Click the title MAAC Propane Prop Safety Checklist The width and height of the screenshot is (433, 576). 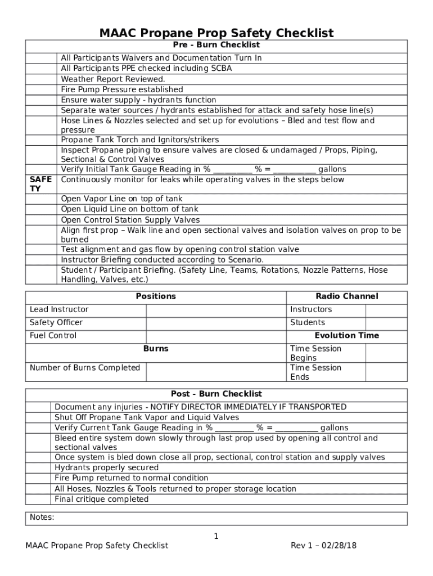[216, 33]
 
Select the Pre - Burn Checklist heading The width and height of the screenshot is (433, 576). [216, 45]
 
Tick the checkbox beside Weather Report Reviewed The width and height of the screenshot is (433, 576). [41, 79]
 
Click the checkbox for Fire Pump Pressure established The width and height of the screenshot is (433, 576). [41, 89]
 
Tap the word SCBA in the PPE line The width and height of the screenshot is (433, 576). [221, 69]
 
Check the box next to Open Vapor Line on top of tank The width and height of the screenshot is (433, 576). [41, 199]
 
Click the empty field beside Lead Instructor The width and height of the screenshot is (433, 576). [216, 309]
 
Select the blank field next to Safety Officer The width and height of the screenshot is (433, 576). [216, 322]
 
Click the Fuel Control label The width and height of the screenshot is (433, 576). [53, 336]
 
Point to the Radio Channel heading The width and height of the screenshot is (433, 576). [346, 296]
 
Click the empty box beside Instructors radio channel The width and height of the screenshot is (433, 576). [386, 309]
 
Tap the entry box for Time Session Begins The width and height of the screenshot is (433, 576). [386, 353]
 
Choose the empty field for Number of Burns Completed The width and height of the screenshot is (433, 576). [216, 372]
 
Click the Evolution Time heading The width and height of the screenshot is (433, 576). [346, 336]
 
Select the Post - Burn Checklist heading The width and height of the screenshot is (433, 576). [216, 394]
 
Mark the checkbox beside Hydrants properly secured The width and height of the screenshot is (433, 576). [38, 467]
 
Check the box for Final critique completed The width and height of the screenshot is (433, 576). [38, 499]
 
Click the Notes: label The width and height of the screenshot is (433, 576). [42, 517]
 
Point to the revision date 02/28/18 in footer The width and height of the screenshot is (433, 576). [342, 546]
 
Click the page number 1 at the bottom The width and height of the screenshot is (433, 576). [216, 537]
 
